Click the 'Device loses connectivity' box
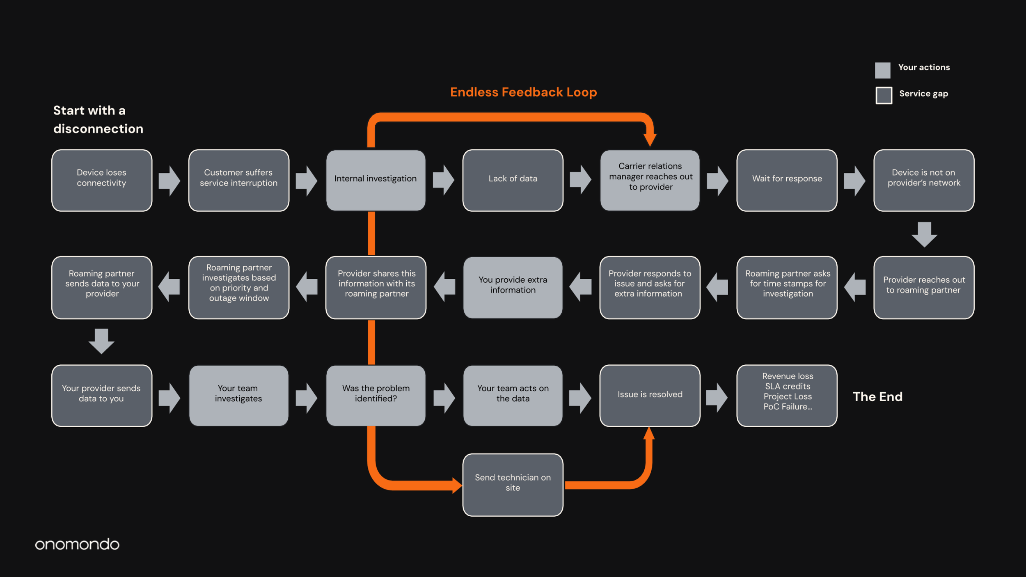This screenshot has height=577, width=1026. click(x=101, y=180)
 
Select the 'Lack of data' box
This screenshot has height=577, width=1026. click(x=513, y=180)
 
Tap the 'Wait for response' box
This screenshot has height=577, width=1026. click(x=787, y=180)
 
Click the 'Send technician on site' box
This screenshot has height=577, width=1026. click(x=513, y=485)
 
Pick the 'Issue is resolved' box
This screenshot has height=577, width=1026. click(x=650, y=396)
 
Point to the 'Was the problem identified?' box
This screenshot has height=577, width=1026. click(x=376, y=396)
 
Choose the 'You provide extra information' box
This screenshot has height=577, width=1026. click(x=513, y=287)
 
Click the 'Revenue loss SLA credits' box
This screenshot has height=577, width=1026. click(x=787, y=396)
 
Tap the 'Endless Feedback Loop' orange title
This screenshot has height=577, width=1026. click(x=523, y=92)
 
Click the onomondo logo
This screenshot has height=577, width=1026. click(x=77, y=544)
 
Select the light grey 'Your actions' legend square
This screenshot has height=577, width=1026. click(x=882, y=70)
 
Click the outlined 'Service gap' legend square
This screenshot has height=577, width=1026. click(x=884, y=95)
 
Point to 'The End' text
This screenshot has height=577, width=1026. click(x=877, y=396)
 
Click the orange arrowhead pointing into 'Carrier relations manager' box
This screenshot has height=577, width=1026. click(x=650, y=140)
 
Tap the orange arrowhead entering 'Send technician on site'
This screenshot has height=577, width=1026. click(x=457, y=485)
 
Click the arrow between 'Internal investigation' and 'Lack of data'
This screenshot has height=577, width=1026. click(x=444, y=180)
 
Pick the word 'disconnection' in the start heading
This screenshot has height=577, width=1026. click(x=98, y=129)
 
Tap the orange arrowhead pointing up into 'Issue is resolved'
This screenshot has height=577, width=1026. click(x=649, y=433)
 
